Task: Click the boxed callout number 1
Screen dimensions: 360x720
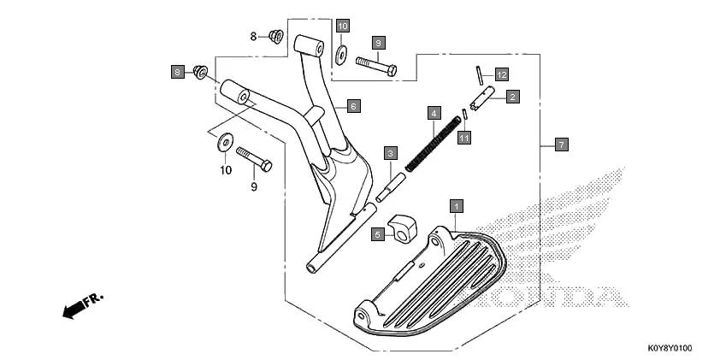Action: [457, 206]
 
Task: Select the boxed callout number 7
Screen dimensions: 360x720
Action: [560, 145]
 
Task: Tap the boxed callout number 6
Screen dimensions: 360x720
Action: [353, 107]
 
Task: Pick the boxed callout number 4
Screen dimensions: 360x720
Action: [434, 113]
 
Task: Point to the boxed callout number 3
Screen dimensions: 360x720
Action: [390, 154]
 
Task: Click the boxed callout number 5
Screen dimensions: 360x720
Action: [376, 233]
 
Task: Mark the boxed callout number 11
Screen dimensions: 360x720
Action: [463, 137]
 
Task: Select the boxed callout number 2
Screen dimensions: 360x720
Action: [511, 97]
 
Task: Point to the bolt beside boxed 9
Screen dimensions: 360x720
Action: [375, 64]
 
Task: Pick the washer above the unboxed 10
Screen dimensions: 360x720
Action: [225, 140]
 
